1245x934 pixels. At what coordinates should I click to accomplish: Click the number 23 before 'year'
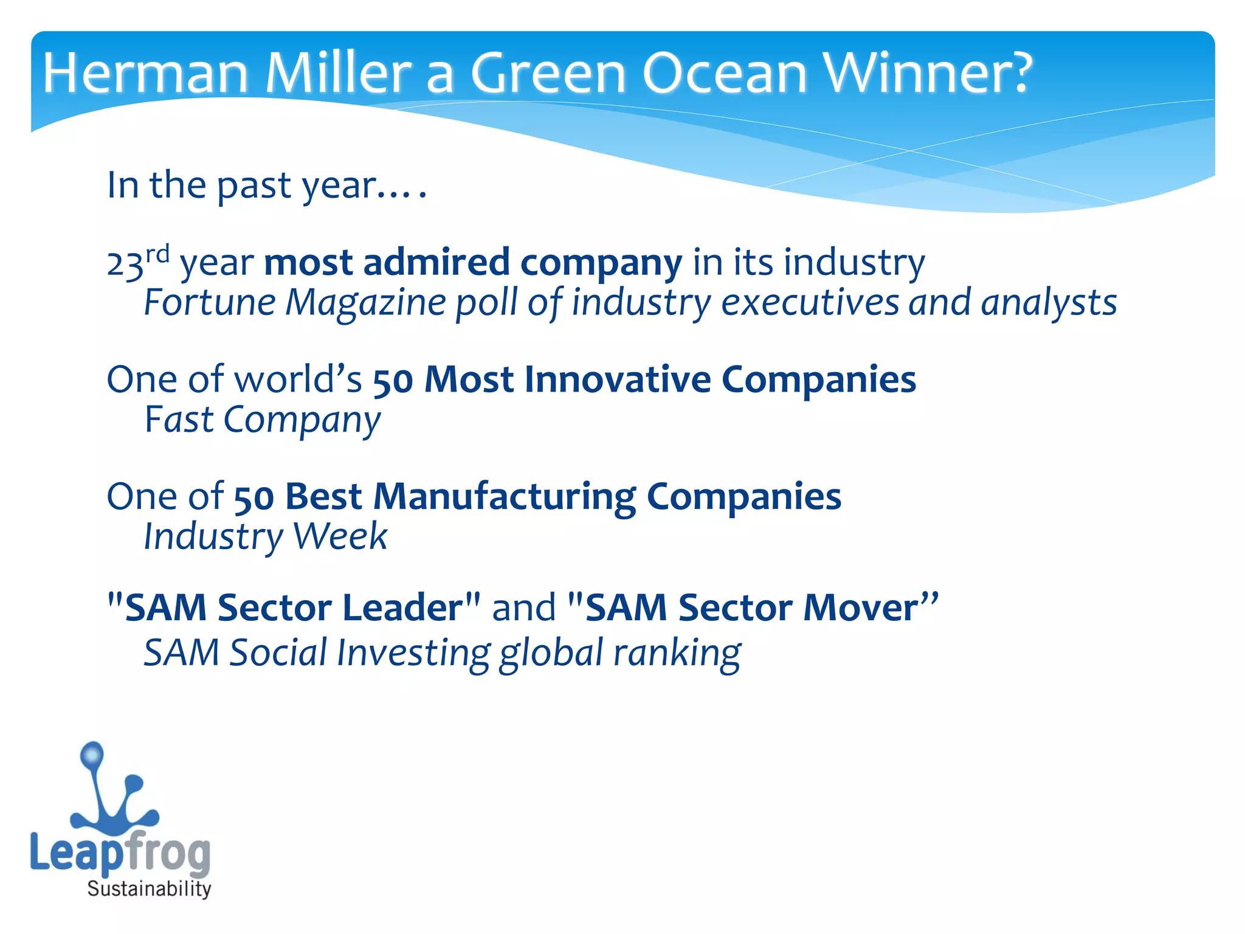coord(125,264)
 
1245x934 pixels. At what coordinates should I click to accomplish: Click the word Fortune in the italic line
coord(210,302)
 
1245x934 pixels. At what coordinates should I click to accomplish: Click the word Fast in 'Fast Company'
coord(179,420)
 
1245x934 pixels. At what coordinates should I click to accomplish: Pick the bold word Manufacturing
coord(504,496)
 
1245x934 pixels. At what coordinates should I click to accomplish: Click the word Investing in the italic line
coord(413,652)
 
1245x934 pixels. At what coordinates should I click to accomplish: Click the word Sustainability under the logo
coord(149,888)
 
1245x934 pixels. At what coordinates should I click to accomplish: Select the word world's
coord(298,379)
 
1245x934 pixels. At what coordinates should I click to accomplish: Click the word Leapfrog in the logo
coord(120,852)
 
